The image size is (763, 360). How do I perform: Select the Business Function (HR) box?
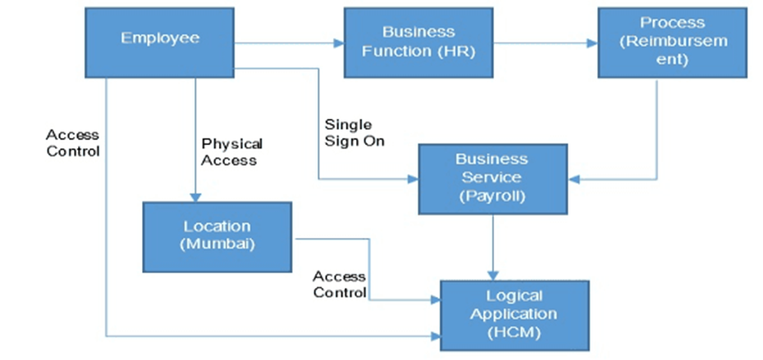tap(418, 43)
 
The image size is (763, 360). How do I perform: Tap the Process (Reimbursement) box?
tap(672, 43)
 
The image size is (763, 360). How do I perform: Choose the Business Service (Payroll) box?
tap(492, 178)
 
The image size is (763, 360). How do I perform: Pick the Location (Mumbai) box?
tap(217, 237)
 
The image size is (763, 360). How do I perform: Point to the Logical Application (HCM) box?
tap(514, 315)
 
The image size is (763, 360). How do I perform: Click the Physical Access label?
tap(232, 152)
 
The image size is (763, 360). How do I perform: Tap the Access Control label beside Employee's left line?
tap(72, 143)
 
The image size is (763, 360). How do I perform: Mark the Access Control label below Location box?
tap(339, 285)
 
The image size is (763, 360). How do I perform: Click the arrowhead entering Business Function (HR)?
tap(338, 43)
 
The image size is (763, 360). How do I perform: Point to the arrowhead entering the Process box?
tap(592, 43)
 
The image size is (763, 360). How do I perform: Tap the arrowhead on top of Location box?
tap(195, 198)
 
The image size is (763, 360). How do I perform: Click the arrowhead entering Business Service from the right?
tap(573, 178)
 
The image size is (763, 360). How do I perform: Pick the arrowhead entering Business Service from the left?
tap(413, 178)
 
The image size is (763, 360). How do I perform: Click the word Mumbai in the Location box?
tap(217, 245)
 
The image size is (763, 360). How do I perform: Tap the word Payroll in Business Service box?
tap(492, 196)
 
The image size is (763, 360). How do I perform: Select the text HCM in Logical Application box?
tap(514, 332)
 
